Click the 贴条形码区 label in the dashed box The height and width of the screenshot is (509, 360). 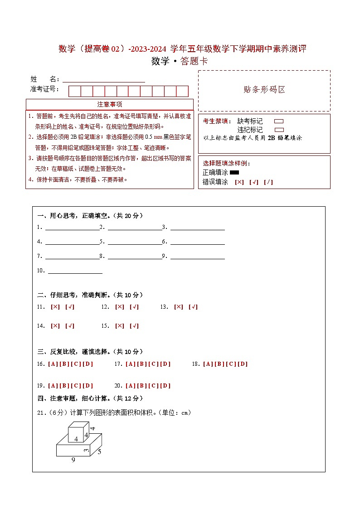pyautogui.click(x=264, y=90)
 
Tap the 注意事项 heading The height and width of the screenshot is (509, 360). pyautogui.click(x=110, y=104)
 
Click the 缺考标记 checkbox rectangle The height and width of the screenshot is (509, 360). pyautogui.click(x=279, y=121)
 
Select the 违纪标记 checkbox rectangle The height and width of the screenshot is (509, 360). pyautogui.click(x=279, y=130)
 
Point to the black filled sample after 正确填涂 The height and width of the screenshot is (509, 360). pyautogui.click(x=234, y=172)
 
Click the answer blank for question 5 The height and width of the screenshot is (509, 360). pyautogui.click(x=135, y=242)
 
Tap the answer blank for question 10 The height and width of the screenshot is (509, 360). pyautogui.click(x=75, y=271)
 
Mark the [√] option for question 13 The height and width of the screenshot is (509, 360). pyautogui.click(x=193, y=307)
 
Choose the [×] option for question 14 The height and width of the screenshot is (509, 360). pyautogui.click(x=55, y=326)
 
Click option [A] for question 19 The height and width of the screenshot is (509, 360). pyautogui.click(x=52, y=386)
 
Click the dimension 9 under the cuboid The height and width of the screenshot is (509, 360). pyautogui.click(x=73, y=460)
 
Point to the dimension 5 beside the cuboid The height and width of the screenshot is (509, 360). pyautogui.click(x=99, y=451)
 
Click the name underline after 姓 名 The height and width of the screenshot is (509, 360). pyautogui.click(x=104, y=79)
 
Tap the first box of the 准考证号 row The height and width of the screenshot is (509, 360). pyautogui.click(x=74, y=91)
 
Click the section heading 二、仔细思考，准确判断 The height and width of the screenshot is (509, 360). pyautogui.click(x=90, y=295)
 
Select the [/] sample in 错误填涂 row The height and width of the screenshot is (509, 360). pyautogui.click(x=268, y=182)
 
